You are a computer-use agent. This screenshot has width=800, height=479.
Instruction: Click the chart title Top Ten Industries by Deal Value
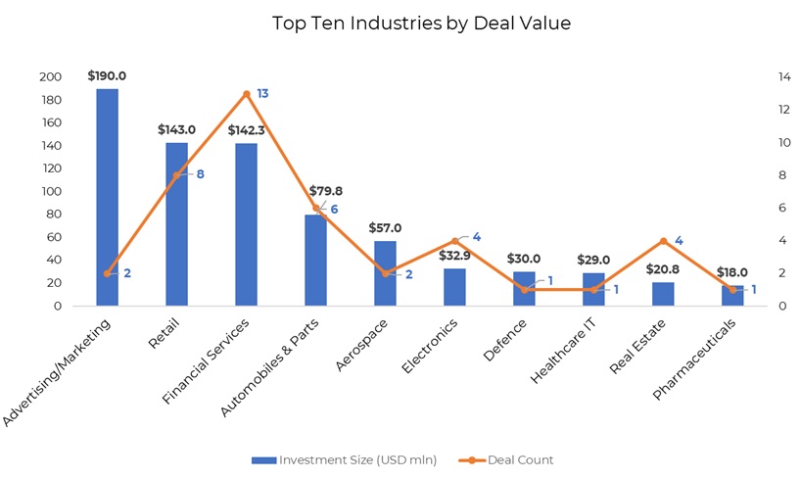pos(421,23)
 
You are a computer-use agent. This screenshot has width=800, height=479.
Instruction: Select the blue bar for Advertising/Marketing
pos(107,197)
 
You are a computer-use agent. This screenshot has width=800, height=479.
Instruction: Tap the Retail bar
pos(176,224)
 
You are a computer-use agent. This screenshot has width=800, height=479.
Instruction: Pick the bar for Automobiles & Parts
pos(315,260)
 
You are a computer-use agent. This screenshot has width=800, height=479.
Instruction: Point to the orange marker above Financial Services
pos(247,94)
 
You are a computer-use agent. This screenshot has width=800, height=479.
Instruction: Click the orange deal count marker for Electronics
pos(455,241)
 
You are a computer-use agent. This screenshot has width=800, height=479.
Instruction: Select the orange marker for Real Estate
pos(664,241)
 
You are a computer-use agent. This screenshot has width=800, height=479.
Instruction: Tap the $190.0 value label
pos(107,75)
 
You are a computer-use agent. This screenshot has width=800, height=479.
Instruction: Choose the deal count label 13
pos(262,94)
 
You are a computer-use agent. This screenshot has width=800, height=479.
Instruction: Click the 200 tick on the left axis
pos(50,77)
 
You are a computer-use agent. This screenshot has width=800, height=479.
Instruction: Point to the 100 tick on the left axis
pos(50,192)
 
